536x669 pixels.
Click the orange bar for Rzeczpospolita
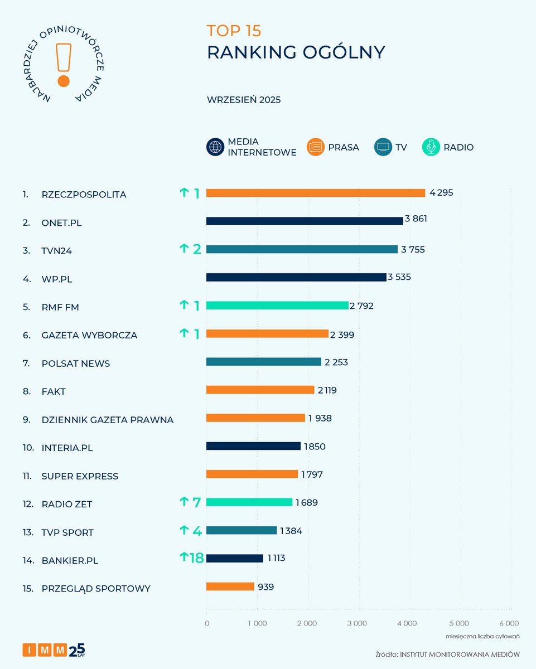tap(316, 193)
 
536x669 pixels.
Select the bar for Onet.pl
tap(305, 221)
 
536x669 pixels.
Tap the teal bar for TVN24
tap(302, 249)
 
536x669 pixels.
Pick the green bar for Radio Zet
tap(249, 502)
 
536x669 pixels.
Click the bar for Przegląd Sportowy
tap(230, 586)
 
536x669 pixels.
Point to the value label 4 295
tap(441, 193)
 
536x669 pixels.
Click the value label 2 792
tap(361, 306)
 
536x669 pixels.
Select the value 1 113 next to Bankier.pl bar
tap(276, 559)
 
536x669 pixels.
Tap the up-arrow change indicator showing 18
tap(191, 558)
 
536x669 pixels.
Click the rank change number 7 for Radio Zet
tap(196, 502)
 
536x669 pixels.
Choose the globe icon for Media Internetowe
tap(215, 147)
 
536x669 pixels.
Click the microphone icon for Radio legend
tap(431, 147)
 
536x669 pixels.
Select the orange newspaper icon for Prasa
tap(315, 147)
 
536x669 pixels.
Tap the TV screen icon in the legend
tap(383, 147)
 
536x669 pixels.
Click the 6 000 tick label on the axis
tap(508, 623)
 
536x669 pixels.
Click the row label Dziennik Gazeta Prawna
tap(107, 420)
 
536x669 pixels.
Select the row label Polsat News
tap(76, 363)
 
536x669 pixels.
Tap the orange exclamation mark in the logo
tap(64, 64)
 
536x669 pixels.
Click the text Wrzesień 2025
tap(244, 100)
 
